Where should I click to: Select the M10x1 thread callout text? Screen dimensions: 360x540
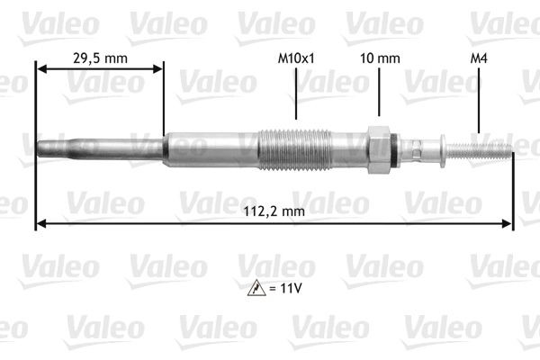pyautogui.click(x=296, y=58)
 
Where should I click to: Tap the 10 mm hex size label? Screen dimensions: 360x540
pyautogui.click(x=378, y=58)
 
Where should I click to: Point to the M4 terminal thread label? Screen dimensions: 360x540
pyautogui.click(x=479, y=58)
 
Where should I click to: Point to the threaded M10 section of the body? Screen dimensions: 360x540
pyautogui.click(x=295, y=148)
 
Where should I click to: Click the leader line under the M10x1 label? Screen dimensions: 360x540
pyautogui.click(x=296, y=94)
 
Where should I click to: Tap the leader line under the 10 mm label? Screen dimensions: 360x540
pyautogui.click(x=378, y=94)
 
